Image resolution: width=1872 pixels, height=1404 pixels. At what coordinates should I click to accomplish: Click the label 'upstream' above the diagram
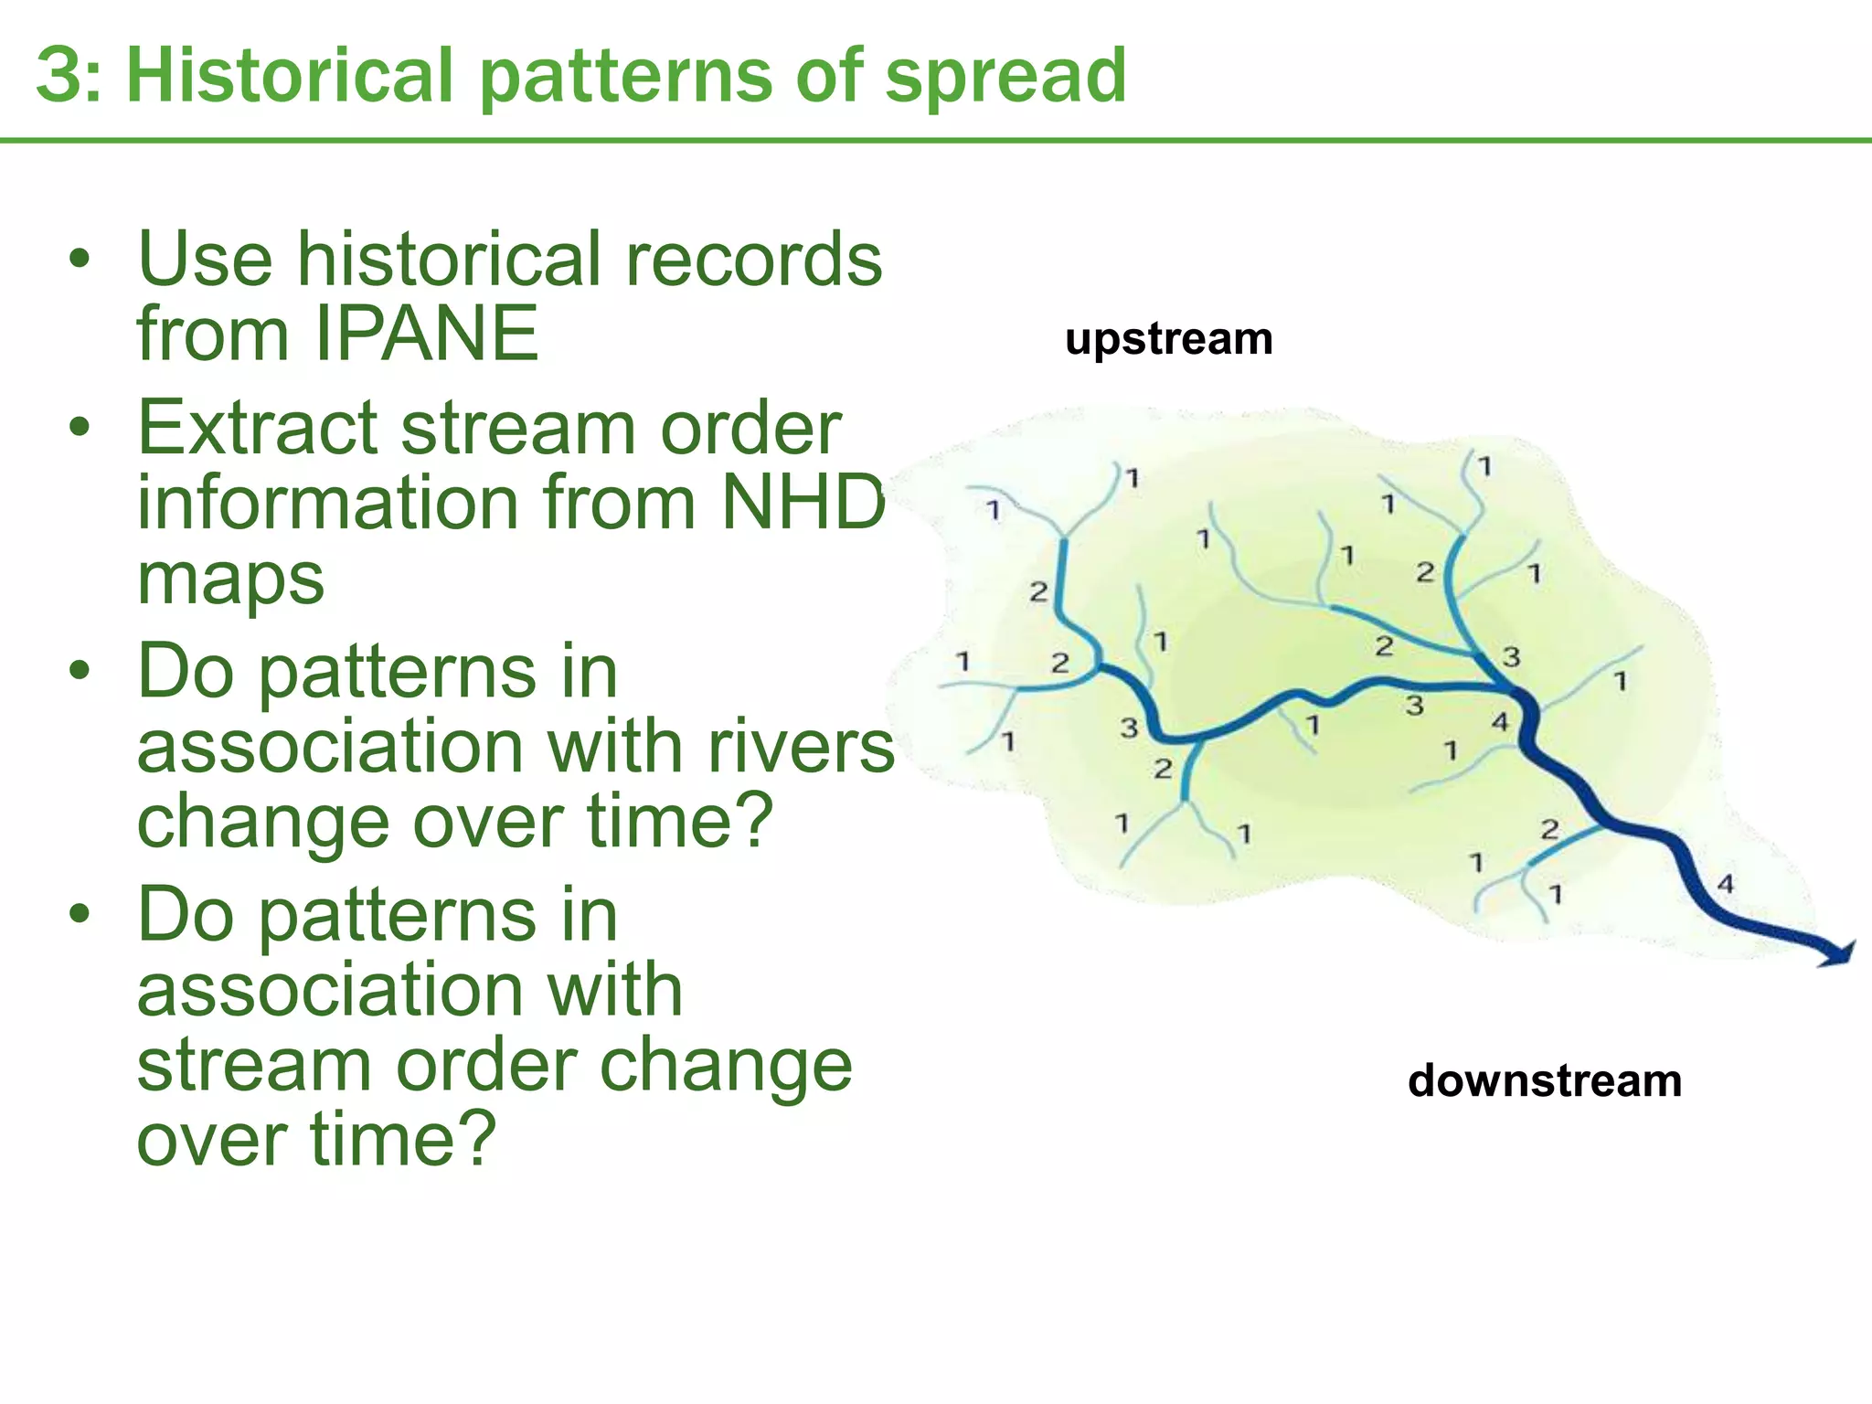pos(1168,339)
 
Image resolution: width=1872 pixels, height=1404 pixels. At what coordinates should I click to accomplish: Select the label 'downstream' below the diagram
pos(1544,1081)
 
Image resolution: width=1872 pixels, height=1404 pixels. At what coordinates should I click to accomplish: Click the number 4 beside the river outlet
pos(1725,884)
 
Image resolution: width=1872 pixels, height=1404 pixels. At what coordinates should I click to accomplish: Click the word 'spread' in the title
pos(1005,77)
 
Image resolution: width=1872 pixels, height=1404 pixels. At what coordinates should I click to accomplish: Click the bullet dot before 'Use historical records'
pos(80,261)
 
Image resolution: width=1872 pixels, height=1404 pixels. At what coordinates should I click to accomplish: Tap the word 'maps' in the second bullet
pos(230,579)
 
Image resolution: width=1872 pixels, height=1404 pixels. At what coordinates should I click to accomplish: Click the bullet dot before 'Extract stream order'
pos(80,428)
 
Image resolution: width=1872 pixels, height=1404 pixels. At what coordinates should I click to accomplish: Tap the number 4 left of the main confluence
pos(1500,723)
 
